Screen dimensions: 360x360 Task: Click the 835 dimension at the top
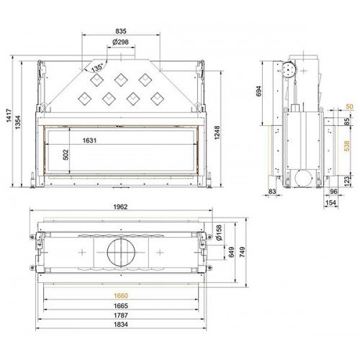click(121, 31)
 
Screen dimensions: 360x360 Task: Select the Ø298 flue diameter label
click(121, 42)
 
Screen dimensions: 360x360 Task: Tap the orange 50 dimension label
click(349, 107)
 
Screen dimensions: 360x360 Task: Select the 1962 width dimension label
click(121, 207)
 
